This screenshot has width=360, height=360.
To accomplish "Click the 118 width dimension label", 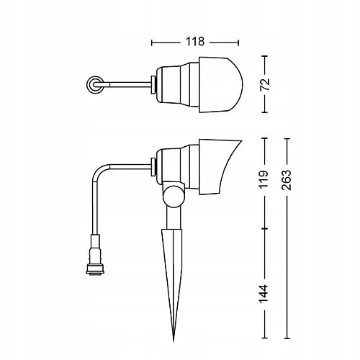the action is point(195,42).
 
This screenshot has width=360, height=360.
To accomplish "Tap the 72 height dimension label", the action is point(265,84).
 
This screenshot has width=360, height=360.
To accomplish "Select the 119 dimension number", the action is point(264,179).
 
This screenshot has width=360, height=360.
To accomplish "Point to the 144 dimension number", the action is point(264,294).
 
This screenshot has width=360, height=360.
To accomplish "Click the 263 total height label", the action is point(287,180).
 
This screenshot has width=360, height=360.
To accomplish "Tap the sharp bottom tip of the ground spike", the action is point(174,341).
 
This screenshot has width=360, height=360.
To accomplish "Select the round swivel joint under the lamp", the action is point(174,197).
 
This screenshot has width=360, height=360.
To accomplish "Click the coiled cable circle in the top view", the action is point(95,85).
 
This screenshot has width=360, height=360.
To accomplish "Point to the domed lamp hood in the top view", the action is point(221,85).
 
